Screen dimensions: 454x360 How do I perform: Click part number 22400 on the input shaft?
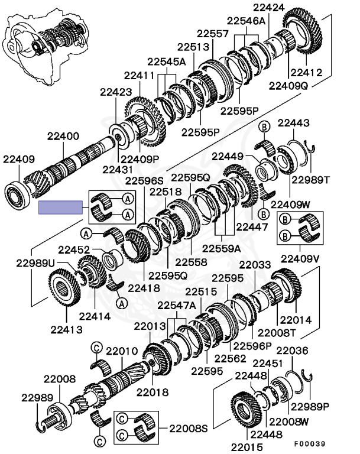point(61,137)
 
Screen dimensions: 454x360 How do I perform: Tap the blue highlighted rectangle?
point(60,207)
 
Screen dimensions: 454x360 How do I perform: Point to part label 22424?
point(269,8)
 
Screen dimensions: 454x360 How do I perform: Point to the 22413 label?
point(66,329)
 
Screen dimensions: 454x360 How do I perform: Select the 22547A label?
point(176,305)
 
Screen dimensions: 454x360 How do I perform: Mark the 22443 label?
point(294,123)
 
